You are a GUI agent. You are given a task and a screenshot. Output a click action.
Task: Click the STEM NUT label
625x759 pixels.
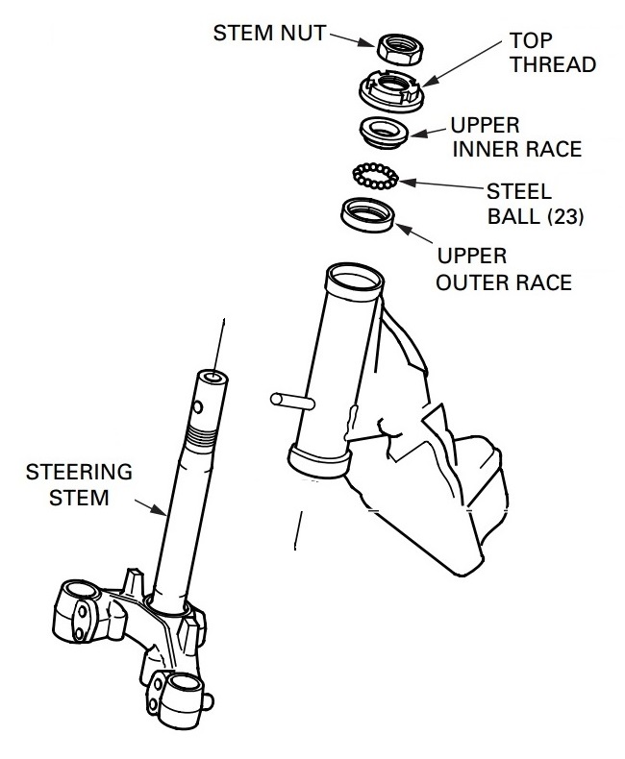269,33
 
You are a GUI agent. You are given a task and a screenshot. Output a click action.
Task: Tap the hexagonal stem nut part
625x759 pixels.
400,48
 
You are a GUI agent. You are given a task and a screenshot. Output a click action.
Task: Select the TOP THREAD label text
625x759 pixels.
552,52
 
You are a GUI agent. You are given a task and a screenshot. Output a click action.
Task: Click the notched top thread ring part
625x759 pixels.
392,89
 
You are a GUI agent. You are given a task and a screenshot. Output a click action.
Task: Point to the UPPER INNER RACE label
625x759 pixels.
516,137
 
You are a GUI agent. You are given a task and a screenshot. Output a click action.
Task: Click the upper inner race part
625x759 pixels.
385,131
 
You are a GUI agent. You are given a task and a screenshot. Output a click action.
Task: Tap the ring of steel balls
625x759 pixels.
376,176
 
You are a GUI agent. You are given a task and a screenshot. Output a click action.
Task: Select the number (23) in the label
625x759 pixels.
565,216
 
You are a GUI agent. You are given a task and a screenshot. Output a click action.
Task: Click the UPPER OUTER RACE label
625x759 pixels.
504,269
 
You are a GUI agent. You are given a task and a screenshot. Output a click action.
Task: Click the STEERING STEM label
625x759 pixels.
79,484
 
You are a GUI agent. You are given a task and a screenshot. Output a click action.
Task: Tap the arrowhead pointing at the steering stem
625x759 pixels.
160,510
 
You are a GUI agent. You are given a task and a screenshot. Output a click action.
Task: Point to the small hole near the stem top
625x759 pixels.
198,407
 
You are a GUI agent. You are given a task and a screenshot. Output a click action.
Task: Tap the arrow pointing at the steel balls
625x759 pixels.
442,184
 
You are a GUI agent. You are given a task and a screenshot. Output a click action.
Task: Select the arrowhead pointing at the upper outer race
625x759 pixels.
403,230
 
